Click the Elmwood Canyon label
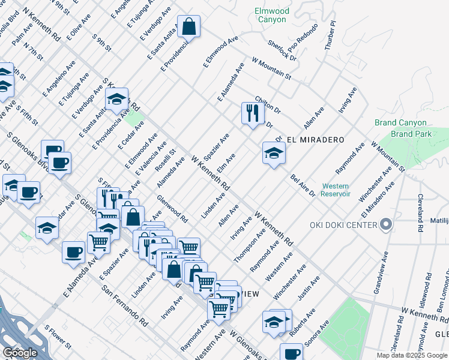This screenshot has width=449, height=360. [272, 15]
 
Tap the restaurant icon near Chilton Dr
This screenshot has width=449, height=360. [252, 113]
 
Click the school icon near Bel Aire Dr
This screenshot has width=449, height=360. [273, 154]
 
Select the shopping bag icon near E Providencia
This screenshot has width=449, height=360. [188, 27]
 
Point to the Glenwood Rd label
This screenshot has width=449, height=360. [172, 209]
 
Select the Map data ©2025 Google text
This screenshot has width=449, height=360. [412, 355]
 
